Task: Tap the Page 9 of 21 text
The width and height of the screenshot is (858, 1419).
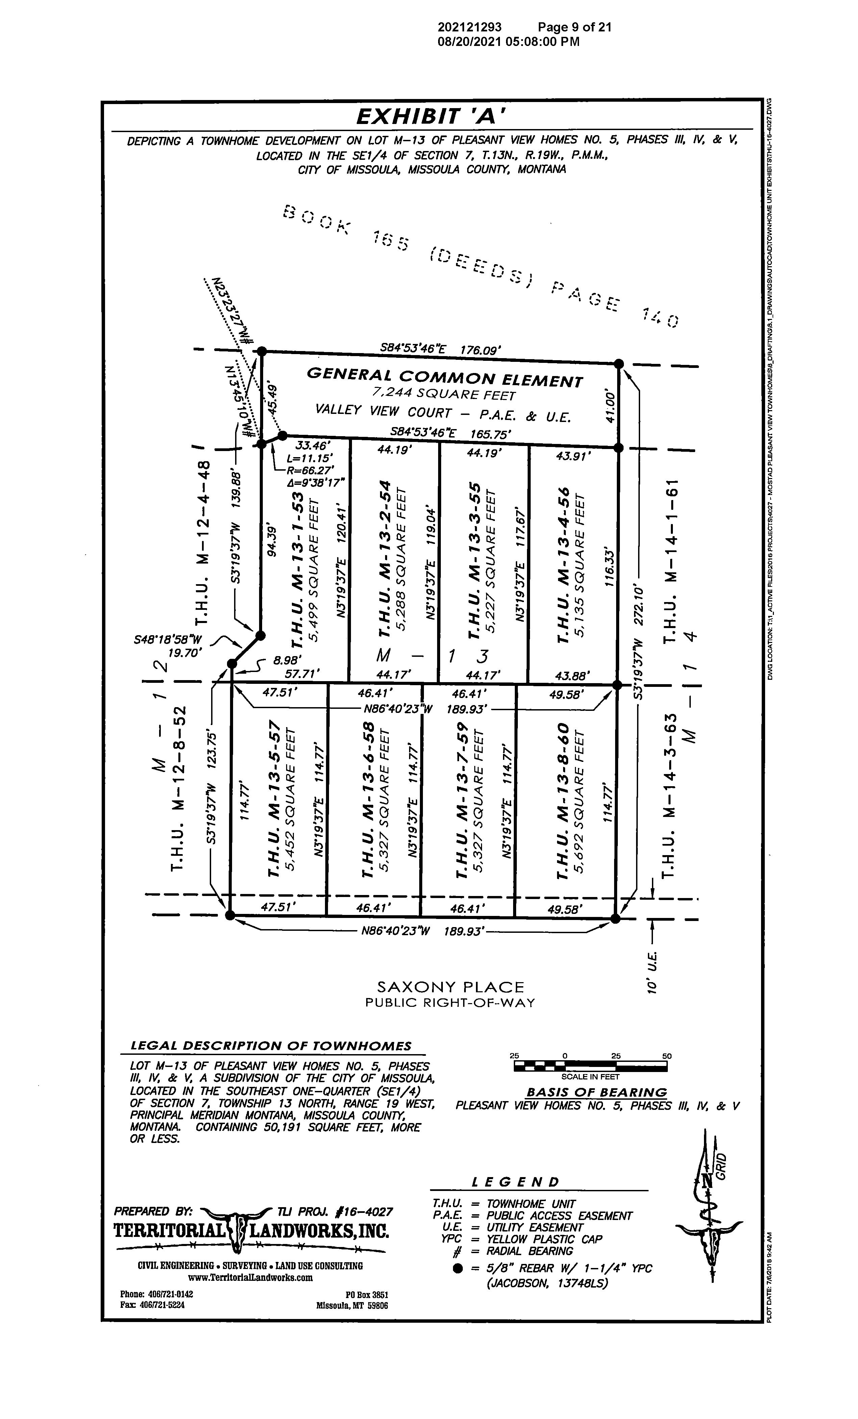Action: point(574,27)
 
